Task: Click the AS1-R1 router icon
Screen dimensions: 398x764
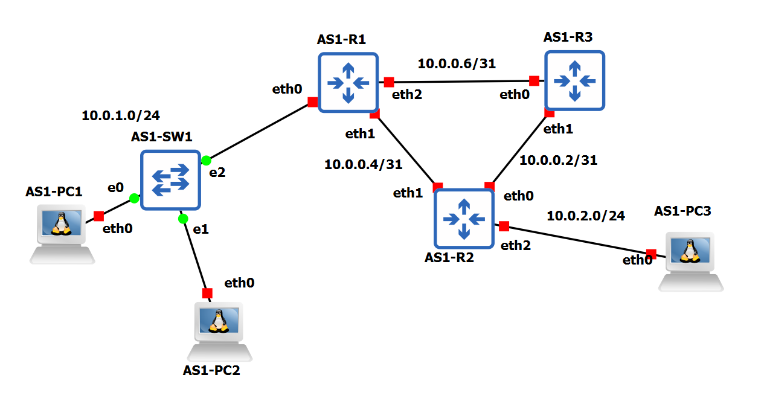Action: click(x=348, y=82)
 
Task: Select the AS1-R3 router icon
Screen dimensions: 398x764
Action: click(x=574, y=80)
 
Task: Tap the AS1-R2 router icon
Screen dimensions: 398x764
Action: click(x=464, y=218)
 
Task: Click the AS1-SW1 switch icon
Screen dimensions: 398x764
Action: click(x=170, y=180)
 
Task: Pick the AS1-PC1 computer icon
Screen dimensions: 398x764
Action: click(x=62, y=233)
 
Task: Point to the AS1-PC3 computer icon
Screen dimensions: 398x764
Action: click(x=690, y=261)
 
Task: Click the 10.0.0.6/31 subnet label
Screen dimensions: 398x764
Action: click(x=457, y=63)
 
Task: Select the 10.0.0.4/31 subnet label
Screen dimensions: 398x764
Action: click(x=363, y=164)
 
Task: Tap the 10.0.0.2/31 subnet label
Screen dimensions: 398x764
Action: click(x=559, y=160)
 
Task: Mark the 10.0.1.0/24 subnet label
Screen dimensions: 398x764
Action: click(x=121, y=115)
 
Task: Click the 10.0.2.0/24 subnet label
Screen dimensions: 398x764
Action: click(x=586, y=215)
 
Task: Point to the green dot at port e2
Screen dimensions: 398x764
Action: click(x=206, y=160)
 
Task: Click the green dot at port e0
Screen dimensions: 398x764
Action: click(x=134, y=198)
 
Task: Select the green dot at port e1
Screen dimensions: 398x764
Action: click(x=184, y=218)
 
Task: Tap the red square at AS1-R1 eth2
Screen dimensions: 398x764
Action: click(x=389, y=82)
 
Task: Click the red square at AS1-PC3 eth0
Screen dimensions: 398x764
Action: click(x=651, y=254)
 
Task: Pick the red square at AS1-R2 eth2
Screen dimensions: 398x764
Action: click(x=504, y=226)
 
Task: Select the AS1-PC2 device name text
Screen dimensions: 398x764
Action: click(x=211, y=370)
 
